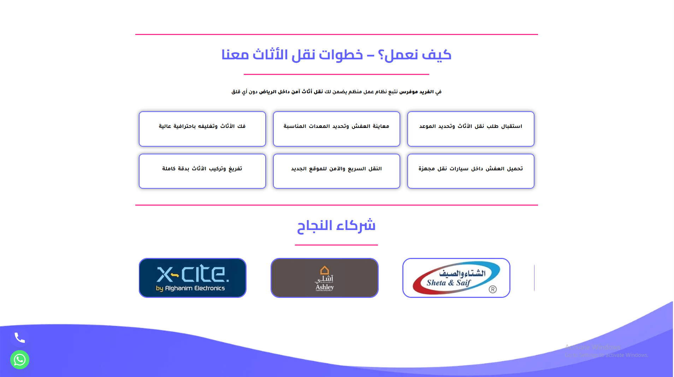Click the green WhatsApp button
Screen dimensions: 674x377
(x=20, y=360)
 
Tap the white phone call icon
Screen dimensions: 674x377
(x=20, y=338)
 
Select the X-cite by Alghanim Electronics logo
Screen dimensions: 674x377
(x=193, y=278)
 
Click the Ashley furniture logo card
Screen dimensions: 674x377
(x=325, y=278)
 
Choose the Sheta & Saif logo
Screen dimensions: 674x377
(x=456, y=278)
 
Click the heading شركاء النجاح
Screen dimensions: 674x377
(x=336, y=225)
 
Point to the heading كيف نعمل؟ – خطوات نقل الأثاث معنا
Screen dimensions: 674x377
(x=336, y=55)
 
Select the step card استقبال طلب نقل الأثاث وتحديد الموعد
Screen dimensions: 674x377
(x=471, y=129)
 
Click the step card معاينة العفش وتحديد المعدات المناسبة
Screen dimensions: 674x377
(x=337, y=129)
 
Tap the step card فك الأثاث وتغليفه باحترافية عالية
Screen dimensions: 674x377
(x=202, y=129)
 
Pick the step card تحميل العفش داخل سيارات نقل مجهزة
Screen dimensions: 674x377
(x=471, y=171)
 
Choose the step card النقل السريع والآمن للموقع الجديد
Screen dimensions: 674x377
(x=337, y=171)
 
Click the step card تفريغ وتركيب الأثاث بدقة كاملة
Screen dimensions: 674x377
(x=202, y=171)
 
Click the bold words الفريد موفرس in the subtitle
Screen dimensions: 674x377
(x=416, y=92)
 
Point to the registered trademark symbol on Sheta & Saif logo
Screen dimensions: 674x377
(x=493, y=289)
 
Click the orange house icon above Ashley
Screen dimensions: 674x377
(x=325, y=270)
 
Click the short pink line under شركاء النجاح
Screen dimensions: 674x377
(x=336, y=245)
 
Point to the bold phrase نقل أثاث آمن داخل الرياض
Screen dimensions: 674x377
(x=291, y=92)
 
